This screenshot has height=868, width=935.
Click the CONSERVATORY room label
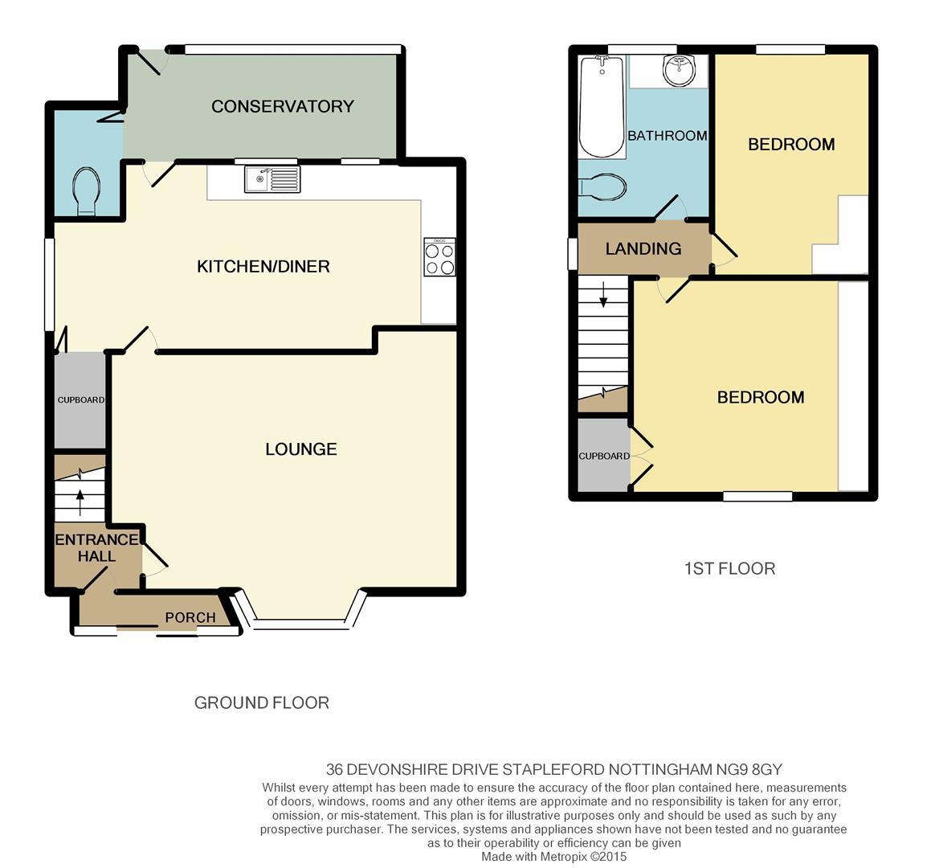coord(283,106)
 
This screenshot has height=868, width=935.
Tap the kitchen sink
coord(272,179)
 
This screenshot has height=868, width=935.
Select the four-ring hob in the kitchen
coord(439,257)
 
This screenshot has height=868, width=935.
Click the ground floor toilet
coord(87,190)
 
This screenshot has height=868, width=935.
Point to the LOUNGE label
coord(301,448)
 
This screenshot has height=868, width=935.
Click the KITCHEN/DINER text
coord(263,266)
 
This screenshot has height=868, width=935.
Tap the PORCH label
coord(190,617)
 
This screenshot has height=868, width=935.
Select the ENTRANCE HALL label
coord(96,547)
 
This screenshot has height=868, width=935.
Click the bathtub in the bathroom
coord(602,106)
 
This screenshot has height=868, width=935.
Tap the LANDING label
coord(643,248)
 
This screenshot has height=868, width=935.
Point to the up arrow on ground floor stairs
coord(80,502)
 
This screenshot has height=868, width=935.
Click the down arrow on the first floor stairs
coord(603,294)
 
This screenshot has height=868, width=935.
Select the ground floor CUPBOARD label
coord(80,399)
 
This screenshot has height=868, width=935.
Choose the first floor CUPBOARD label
coord(604,456)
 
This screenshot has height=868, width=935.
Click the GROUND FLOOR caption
coord(262,702)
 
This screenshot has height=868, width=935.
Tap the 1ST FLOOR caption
coord(730,568)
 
